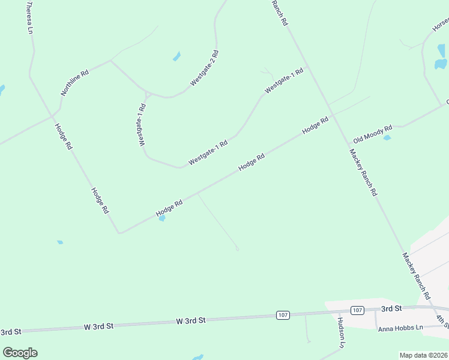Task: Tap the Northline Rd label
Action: coord(75,82)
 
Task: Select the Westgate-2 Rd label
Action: coord(205,68)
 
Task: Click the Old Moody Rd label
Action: coord(373,133)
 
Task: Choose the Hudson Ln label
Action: coord(341,333)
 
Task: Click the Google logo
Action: coord(20,353)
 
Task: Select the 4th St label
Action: coord(442,321)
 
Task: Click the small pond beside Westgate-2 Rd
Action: coord(176,56)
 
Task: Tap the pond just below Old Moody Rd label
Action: coord(387,138)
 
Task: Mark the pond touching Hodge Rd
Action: coord(161,218)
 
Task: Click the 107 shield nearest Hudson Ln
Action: coord(357,310)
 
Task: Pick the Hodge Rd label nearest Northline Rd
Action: coord(64,136)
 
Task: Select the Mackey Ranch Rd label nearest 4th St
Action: coord(416,276)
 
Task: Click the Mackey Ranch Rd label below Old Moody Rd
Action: coord(364,173)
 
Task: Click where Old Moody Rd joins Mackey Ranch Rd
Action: coord(348,144)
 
